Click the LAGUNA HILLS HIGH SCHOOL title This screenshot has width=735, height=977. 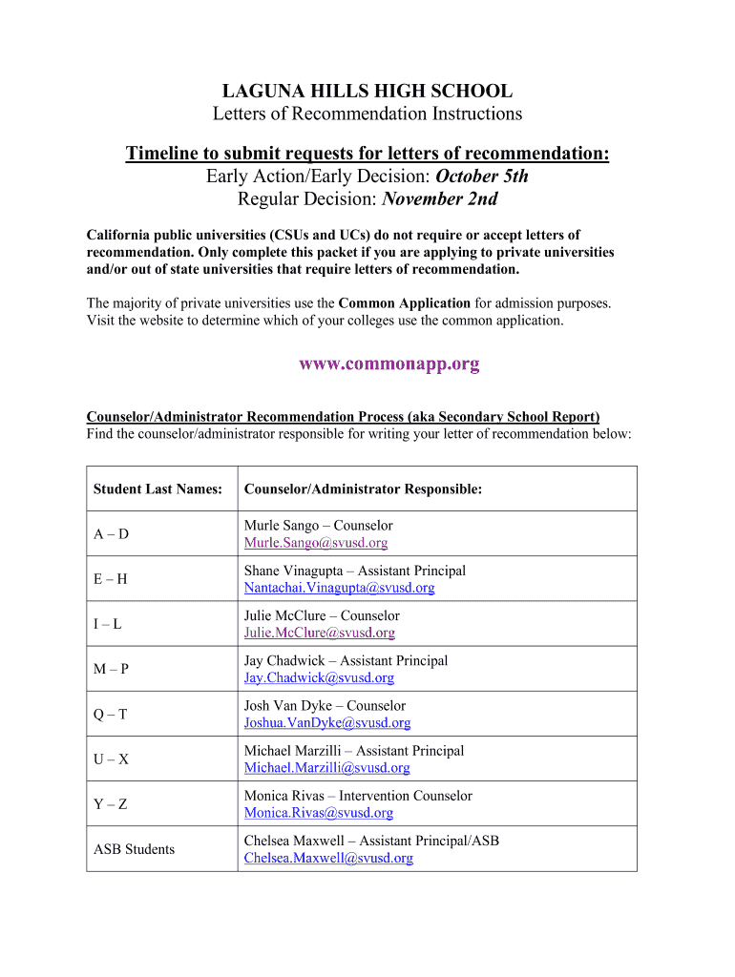(x=367, y=92)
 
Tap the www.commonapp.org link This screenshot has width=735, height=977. (x=389, y=364)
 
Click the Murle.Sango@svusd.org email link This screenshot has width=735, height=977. (x=316, y=543)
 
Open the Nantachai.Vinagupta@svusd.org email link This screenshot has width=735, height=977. (x=339, y=588)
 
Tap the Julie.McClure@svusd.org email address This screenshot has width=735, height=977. (x=319, y=633)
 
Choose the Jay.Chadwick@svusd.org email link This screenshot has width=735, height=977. (x=319, y=677)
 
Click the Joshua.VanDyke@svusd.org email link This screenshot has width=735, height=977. (x=327, y=723)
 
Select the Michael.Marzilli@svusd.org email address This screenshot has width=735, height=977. (x=327, y=768)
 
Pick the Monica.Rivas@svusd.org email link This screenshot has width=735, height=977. (x=319, y=813)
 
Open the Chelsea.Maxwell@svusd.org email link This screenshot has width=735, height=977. (x=328, y=858)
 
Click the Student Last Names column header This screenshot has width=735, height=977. (x=157, y=489)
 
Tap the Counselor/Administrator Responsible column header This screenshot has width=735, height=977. (x=363, y=489)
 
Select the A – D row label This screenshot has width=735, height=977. (x=111, y=534)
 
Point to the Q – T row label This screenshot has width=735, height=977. (x=111, y=715)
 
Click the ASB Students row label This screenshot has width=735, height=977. (x=134, y=849)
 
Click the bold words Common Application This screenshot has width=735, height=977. (x=404, y=303)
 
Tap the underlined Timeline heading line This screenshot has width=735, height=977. (x=367, y=155)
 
